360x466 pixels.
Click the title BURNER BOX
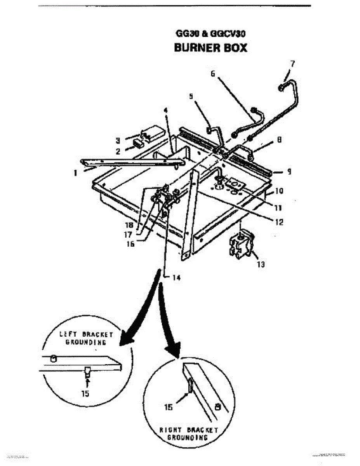tap(210, 47)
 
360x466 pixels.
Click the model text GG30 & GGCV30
tap(210, 34)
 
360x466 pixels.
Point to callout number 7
tap(292, 63)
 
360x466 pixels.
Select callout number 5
tap(191, 97)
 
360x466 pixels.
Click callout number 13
tap(261, 264)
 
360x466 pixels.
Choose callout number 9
tap(290, 171)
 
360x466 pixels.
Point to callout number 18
tap(130, 224)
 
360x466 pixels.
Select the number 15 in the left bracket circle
tap(85, 393)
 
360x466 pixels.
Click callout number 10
tap(280, 191)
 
